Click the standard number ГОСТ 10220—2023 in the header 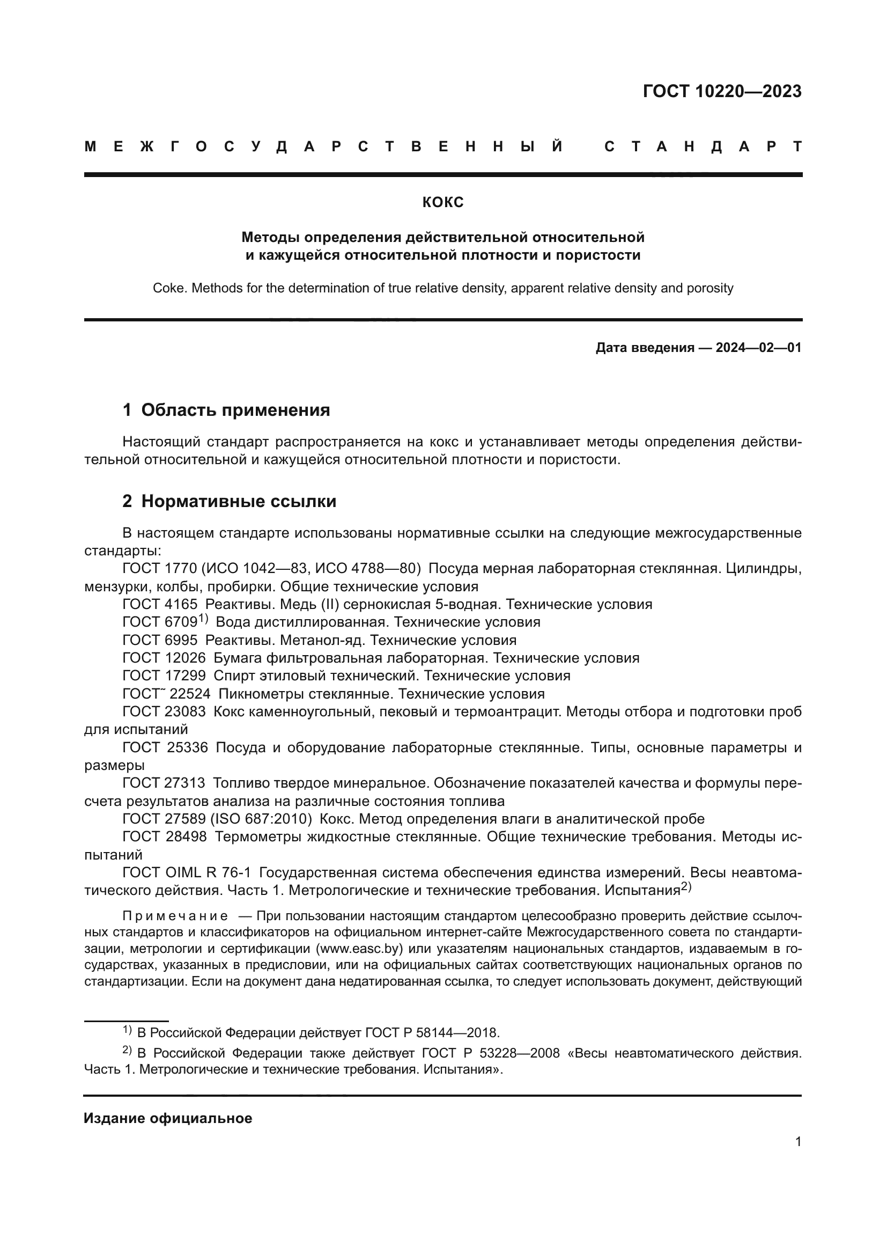[x=721, y=91]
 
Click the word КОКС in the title [x=443, y=203]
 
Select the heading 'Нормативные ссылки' [x=239, y=501]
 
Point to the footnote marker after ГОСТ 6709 [x=203, y=619]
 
